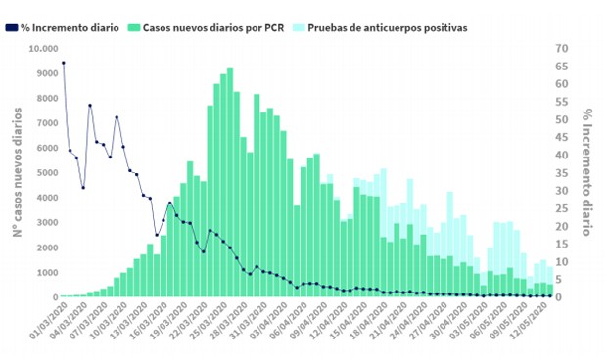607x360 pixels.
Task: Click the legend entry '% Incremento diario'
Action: [71, 27]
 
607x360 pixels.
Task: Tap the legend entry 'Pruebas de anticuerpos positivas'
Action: [387, 27]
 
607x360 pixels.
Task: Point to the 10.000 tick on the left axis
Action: [42, 49]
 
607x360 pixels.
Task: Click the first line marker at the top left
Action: [64, 63]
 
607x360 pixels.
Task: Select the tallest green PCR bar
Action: [229, 182]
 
